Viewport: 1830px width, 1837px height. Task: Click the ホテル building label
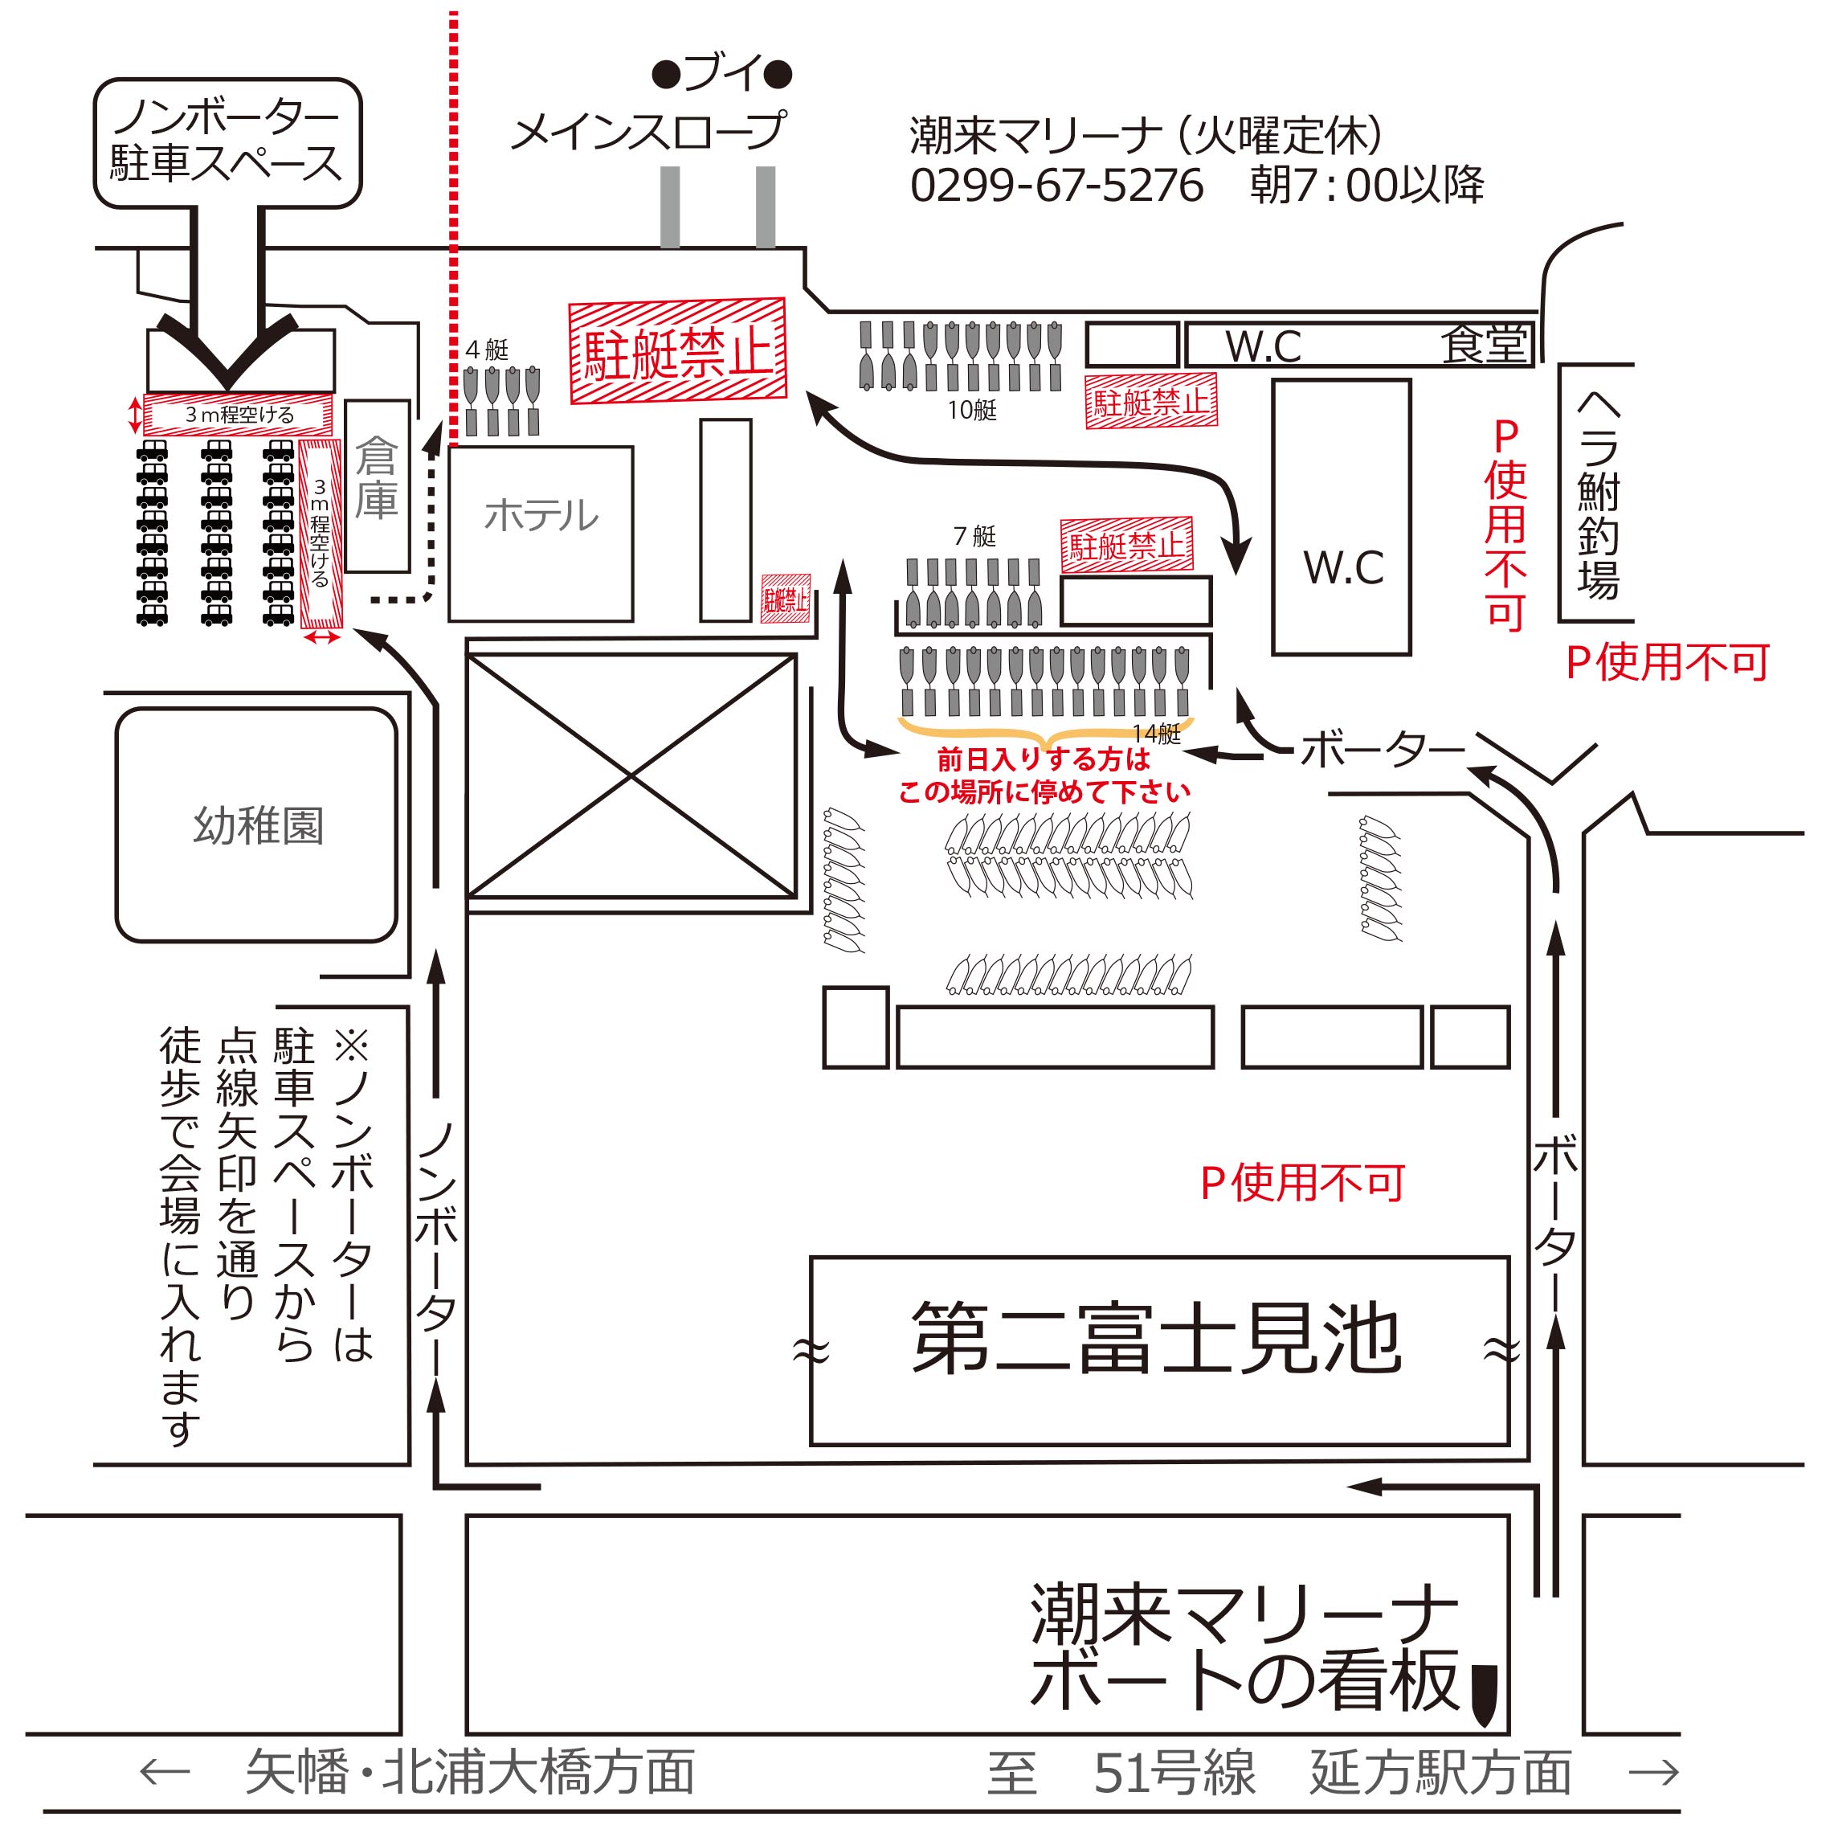pos(541,516)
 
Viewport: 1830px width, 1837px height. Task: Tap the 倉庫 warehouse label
pos(377,479)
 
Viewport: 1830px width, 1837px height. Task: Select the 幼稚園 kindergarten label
pos(259,824)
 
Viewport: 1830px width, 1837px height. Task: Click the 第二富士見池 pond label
pos(1157,1340)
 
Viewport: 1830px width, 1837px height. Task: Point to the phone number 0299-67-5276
pos(1056,185)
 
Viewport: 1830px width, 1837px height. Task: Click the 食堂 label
pos(1483,344)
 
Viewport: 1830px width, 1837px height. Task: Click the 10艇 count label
pos(971,410)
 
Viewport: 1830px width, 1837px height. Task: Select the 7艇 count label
pos(974,536)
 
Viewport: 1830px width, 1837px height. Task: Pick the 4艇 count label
pos(487,350)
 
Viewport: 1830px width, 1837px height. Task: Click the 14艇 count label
pos(1156,733)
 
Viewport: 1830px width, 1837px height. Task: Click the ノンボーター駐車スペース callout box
pos(227,141)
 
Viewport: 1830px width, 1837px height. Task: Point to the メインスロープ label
pos(649,131)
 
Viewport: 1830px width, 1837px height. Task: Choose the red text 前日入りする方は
pos(1043,759)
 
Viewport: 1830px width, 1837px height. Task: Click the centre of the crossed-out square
pos(631,776)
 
